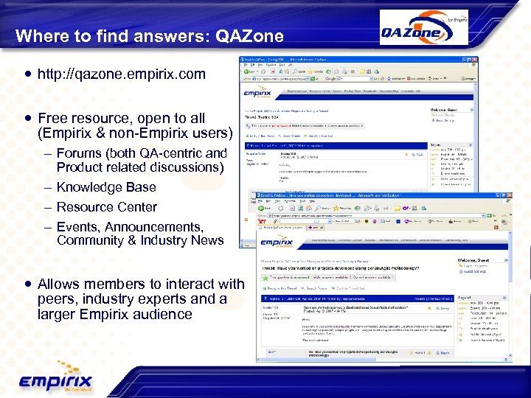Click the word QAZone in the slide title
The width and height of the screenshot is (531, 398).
click(x=249, y=35)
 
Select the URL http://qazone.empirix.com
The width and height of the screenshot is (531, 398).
click(x=122, y=74)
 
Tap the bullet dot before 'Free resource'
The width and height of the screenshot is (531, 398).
click(x=27, y=118)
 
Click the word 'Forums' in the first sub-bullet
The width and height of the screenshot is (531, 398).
click(x=80, y=153)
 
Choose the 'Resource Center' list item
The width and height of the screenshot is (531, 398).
click(x=106, y=207)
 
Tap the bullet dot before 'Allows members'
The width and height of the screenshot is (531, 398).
click(x=27, y=284)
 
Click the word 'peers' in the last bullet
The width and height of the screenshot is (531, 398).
click(x=56, y=299)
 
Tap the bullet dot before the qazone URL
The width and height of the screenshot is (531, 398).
click(x=27, y=74)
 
